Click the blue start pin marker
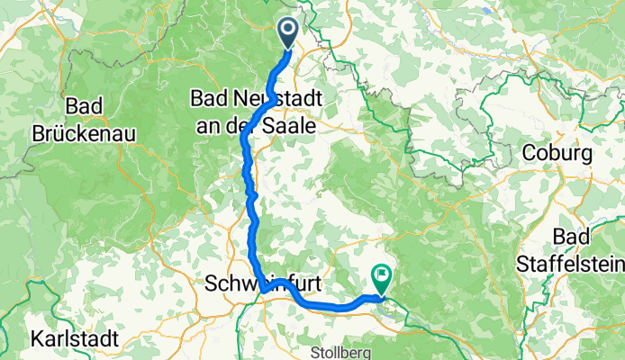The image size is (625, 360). (289, 34)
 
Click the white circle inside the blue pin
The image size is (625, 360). (289, 30)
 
